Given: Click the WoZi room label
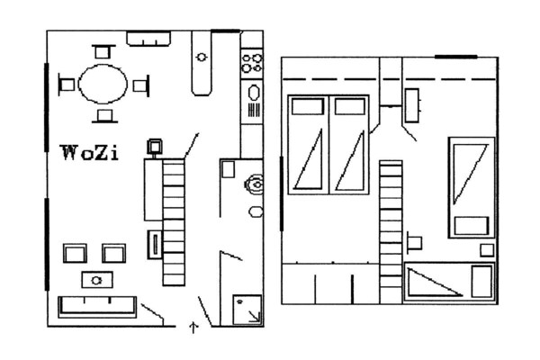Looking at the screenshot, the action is pos(90,153).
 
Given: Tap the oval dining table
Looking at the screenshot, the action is pos(103,84).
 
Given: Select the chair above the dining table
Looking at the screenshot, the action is pos(103,51).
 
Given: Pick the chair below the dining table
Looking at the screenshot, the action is pos(104,116).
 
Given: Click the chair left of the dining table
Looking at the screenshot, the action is pos(67,85).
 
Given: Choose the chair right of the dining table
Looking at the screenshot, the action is pos(141,85).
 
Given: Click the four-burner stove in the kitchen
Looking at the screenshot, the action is pos(252,63).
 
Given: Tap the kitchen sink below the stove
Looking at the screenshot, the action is pos(254,101).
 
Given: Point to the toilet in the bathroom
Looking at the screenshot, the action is pos(255,185).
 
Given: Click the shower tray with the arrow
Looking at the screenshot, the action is pos(247,310).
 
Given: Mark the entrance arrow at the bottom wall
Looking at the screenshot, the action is pos(193,328).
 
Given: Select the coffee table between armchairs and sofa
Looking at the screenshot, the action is pos(97,280).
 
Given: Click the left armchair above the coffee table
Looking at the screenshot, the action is pos(75,253).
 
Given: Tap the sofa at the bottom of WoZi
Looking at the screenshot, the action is pos(97,307).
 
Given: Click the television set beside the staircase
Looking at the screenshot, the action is pos(155,147).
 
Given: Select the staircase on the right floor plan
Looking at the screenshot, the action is pos(391,232).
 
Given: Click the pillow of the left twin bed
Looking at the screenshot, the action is pos(308,106).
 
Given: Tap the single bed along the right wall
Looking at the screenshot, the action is pos(472,188).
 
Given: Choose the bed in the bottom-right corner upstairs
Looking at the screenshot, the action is pos(449,283).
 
